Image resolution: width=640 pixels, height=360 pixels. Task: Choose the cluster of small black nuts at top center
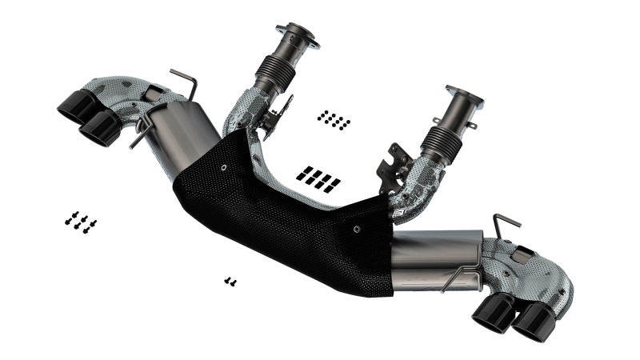coord(333,120)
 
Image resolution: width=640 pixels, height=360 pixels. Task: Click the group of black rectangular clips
coord(318,178)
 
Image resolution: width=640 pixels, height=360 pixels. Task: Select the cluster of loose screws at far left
coord(81,222)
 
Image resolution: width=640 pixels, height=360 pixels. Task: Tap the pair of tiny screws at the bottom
coord(230,281)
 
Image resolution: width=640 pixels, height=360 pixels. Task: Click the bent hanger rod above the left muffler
coord(183,82)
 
